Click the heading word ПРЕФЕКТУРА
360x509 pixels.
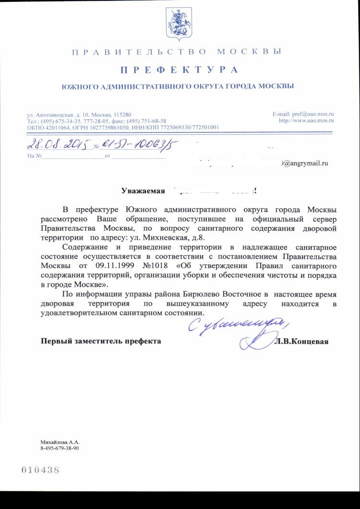pos(179,70)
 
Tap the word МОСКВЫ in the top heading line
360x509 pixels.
pos(249,51)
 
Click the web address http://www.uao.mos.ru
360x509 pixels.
pos(306,120)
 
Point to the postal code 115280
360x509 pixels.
pos(122,115)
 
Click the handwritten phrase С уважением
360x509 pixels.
pos(235,326)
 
